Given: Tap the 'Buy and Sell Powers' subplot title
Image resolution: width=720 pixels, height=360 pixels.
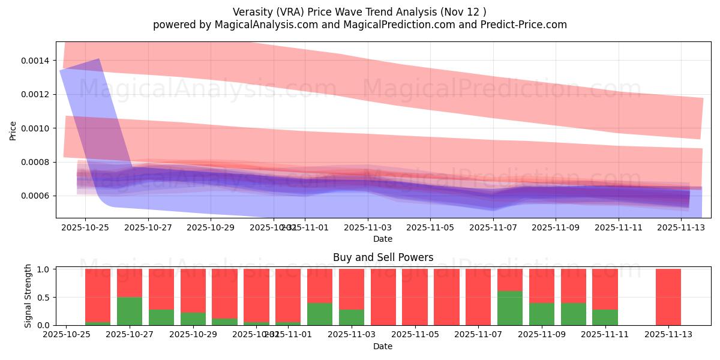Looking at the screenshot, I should point(383,257).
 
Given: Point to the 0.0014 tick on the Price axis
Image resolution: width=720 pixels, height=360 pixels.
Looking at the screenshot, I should point(37,61).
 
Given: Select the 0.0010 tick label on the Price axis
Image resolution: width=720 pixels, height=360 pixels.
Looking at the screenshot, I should point(37,128).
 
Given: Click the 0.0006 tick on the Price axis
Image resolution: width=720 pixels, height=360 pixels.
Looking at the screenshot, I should point(37,196).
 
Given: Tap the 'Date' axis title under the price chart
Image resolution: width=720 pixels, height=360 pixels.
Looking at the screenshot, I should point(383,239).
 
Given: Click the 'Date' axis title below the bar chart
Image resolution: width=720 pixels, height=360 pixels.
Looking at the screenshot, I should point(383,346).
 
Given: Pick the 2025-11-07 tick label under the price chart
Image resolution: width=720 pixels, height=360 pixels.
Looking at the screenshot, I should point(493,228).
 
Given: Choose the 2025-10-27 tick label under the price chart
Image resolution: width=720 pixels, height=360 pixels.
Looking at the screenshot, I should point(148,228).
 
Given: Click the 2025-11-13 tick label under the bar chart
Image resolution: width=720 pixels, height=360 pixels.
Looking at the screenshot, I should point(668,335).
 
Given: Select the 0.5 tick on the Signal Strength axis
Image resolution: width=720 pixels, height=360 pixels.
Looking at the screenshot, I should point(45,297).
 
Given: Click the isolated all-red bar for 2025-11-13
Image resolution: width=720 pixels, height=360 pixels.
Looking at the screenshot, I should point(668,297).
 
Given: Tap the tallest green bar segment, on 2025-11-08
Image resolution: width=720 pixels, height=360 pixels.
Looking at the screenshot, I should point(510,308).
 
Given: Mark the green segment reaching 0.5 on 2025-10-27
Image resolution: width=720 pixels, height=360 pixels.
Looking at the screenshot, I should point(130,311).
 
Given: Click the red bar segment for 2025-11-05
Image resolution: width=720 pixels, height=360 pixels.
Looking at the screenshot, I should point(415,297).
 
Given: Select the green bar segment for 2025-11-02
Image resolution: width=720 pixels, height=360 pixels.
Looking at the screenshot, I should point(320,314).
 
